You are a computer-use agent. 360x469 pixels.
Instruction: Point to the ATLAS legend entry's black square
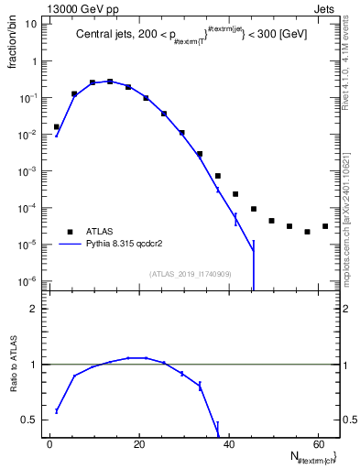coord(70,232)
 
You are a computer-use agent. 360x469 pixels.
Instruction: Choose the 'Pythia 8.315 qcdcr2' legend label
coord(134,245)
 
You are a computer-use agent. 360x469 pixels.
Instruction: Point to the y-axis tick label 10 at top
coord(29,24)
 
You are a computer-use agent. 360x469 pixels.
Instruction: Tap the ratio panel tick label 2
coord(32,309)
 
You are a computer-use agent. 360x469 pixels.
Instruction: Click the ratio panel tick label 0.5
coord(27,420)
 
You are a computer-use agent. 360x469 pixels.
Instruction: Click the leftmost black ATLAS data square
coord(57,127)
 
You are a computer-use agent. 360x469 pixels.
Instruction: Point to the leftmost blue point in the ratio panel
coord(57,410)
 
